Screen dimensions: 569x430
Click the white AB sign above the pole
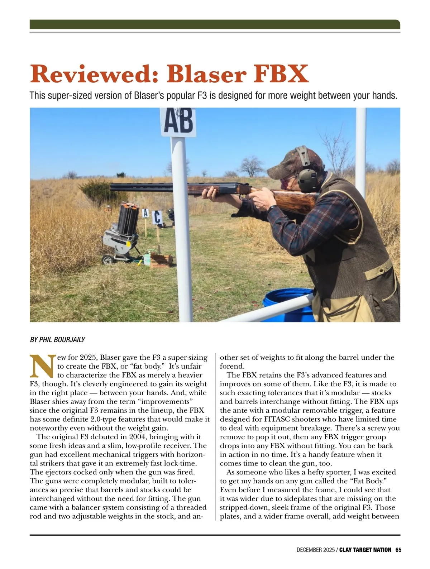coord(178,122)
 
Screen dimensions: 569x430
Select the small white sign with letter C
coord(157,217)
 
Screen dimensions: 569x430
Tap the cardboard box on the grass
coord(161,259)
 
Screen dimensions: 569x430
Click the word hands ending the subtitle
coord(385,96)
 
